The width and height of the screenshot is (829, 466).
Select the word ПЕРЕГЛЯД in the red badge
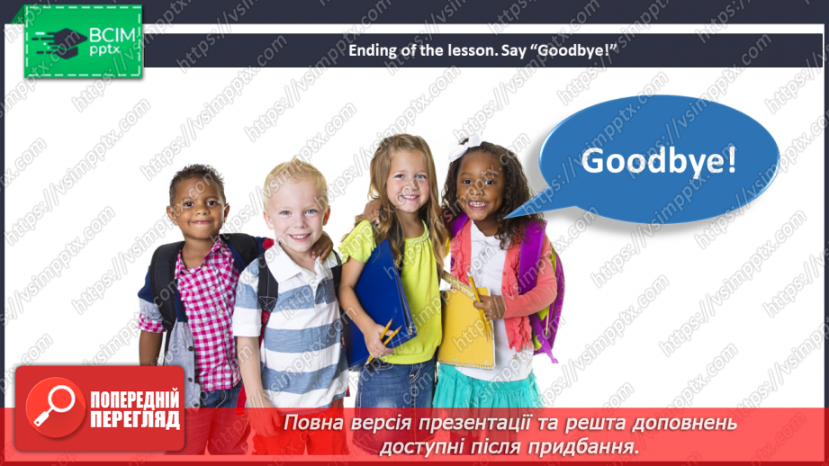point(134,418)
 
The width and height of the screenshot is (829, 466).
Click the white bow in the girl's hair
point(468,143)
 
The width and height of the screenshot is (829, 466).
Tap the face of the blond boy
point(295,212)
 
